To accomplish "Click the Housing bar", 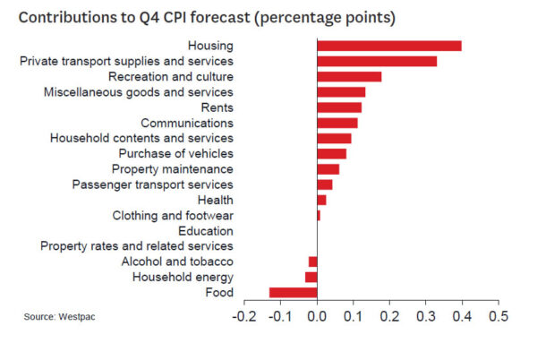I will click(389, 46).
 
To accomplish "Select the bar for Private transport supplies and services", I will click(377, 61).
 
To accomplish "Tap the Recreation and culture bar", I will click(349, 76).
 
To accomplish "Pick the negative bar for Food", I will click(293, 292).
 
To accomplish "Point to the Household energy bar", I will click(311, 277).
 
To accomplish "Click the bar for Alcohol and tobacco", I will click(313, 261).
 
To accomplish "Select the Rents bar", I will click(339, 107).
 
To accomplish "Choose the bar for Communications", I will click(337, 123).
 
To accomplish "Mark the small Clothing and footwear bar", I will click(319, 215).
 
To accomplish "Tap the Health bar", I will click(322, 200).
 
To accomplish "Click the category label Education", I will click(206, 231).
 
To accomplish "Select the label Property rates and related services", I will click(137, 246).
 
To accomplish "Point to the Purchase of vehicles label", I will click(176, 154).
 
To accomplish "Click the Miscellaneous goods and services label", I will click(139, 92).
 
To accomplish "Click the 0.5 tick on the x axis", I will click(498, 317).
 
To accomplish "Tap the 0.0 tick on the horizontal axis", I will click(317, 317).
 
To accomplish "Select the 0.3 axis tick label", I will click(426, 317).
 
